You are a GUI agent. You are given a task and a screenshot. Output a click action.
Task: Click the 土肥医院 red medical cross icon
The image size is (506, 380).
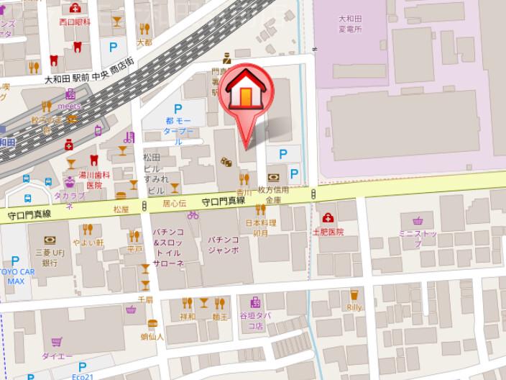tap(328, 217)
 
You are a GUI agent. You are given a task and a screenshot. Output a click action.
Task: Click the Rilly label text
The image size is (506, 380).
tap(354, 307)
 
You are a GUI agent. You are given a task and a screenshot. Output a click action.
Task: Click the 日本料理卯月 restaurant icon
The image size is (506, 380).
tap(260, 210)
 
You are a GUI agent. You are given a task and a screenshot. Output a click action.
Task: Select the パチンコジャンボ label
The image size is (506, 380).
tap(223, 244)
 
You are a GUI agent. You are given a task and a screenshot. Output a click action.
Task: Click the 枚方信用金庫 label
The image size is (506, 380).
tap(276, 194)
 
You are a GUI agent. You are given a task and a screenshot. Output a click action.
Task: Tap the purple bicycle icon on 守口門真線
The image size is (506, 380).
tap(193, 214)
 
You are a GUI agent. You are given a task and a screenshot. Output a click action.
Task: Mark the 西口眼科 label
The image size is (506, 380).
tap(75, 22)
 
